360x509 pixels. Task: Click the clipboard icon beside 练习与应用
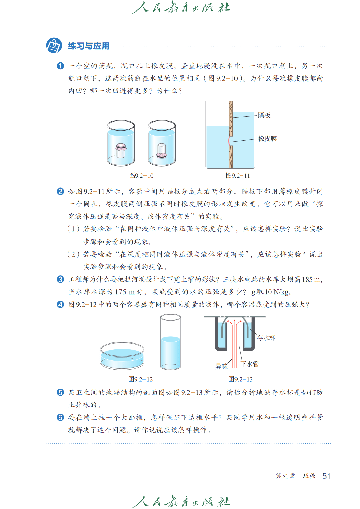click(54, 45)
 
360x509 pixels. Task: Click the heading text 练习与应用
click(89, 46)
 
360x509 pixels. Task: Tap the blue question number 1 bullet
click(60, 66)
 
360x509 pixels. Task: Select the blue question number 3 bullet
click(60, 279)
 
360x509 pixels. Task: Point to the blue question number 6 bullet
click(60, 417)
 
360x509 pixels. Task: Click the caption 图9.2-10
click(141, 176)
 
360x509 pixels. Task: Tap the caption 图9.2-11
click(238, 176)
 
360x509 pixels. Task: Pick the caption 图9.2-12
click(141, 379)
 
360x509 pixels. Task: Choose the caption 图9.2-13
click(241, 379)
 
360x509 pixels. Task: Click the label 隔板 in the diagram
click(264, 115)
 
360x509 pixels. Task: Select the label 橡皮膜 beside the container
click(267, 139)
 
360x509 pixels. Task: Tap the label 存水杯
click(266, 338)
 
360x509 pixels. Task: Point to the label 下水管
click(250, 364)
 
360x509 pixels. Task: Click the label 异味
click(221, 366)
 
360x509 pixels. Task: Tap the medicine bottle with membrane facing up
click(120, 151)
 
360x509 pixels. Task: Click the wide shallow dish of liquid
click(122, 355)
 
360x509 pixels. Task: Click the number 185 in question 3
click(307, 279)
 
